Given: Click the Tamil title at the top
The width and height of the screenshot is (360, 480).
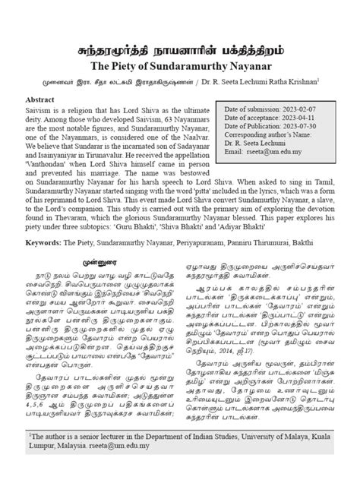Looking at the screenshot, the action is (x=180, y=54).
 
